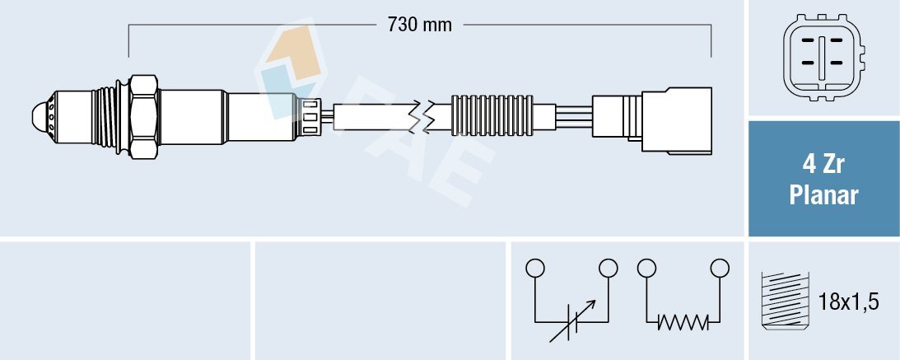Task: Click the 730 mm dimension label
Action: click(x=419, y=25)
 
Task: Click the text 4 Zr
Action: click(x=823, y=165)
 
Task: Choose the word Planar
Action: click(x=823, y=196)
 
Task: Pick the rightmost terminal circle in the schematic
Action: click(x=720, y=268)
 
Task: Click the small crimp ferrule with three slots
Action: click(x=310, y=115)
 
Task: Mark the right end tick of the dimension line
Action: click(x=711, y=41)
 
